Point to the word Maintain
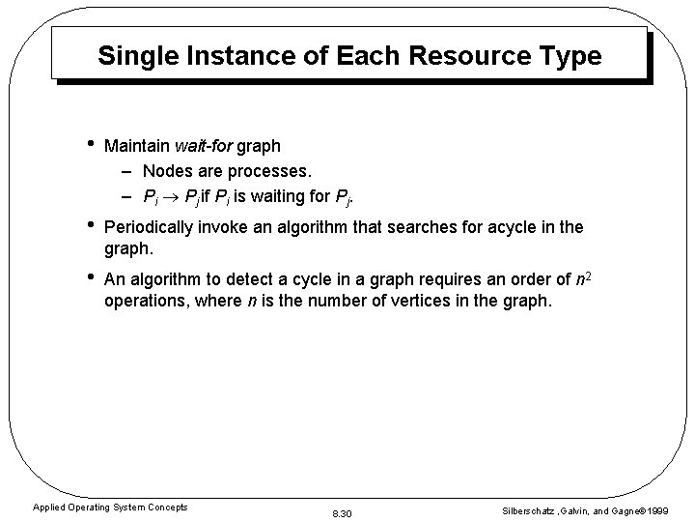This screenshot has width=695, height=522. coord(137,146)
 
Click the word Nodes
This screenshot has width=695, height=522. coord(168,171)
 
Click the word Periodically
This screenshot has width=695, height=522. coord(150,228)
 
